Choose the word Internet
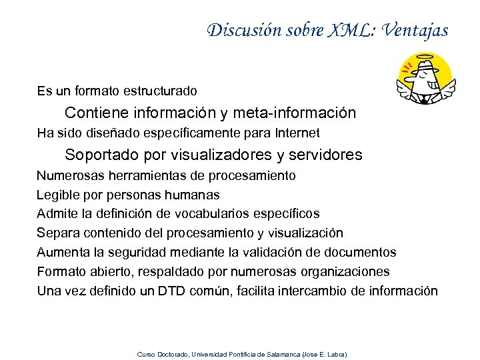(x=295, y=133)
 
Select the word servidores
(x=326, y=155)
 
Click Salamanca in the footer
(x=281, y=354)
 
